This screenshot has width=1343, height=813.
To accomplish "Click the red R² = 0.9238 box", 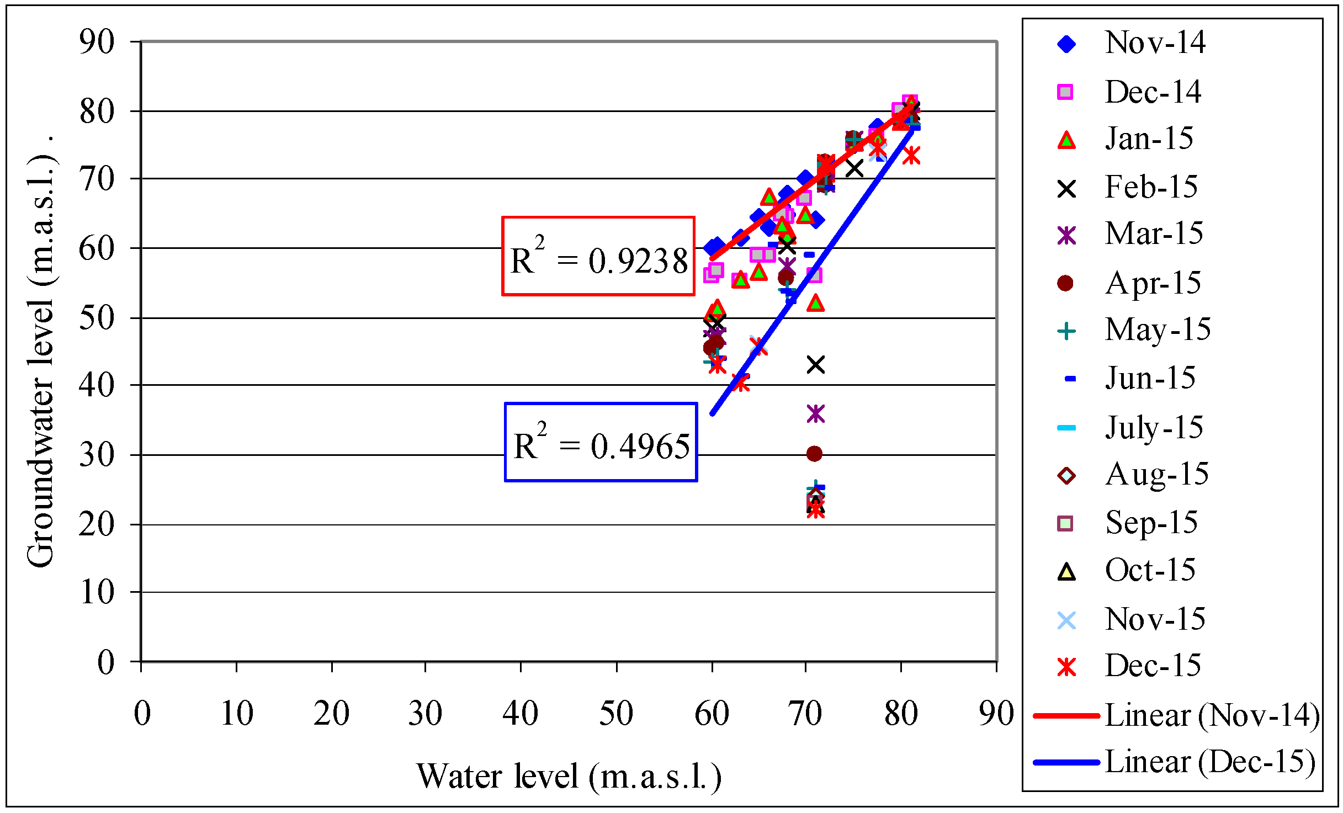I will coord(598,256).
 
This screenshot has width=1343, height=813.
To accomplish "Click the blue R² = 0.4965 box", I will coord(601,442).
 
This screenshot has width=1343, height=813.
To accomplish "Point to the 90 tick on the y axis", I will coord(97,41).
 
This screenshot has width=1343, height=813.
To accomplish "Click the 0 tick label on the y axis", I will coord(105,662).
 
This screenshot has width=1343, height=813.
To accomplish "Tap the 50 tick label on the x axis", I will coord(616,713).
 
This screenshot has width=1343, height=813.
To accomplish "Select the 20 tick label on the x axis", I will coord(331,713).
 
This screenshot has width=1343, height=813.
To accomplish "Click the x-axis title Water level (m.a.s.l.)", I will coord(569,777).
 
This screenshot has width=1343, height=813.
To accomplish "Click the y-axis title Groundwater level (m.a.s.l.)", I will coord(41,353).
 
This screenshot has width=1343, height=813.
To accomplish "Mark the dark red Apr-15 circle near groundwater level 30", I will coord(814,454).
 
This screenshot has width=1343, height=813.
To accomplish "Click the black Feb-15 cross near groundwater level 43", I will coord(816,365).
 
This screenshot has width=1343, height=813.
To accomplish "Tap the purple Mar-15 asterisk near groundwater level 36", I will coord(816,413).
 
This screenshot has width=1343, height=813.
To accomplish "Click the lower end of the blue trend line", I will coord(713,413).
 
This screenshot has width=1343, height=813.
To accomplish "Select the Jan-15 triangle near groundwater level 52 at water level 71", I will coord(815,303).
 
